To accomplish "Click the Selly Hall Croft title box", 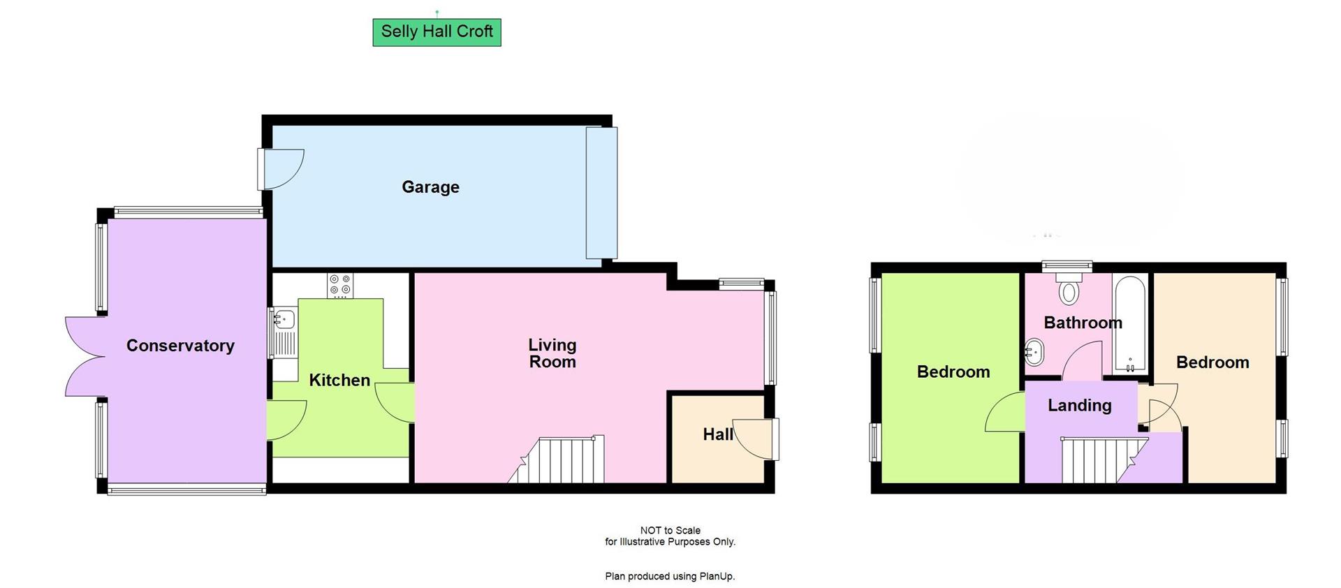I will (x=437, y=32).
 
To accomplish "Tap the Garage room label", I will (x=430, y=187).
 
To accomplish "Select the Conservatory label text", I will (x=180, y=346).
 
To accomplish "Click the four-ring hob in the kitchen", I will (x=340, y=286).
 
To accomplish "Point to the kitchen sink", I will (x=284, y=320).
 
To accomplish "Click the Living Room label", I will (x=552, y=353).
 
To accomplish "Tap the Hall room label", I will (x=717, y=434).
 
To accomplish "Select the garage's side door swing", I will (x=283, y=169).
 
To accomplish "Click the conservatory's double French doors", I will (x=85, y=357).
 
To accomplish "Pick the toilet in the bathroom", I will (x=1069, y=289).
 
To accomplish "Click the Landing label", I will (x=1079, y=406).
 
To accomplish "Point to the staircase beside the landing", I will (x=1097, y=460).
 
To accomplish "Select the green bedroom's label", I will (x=953, y=372).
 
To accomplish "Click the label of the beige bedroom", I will (x=1212, y=362).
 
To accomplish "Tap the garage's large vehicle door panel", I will (x=601, y=193).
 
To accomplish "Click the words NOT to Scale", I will (x=670, y=530).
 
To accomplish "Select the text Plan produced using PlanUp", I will (x=670, y=576).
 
